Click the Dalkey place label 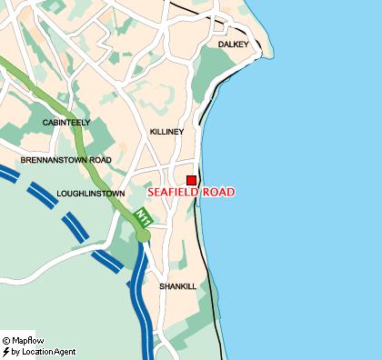(x=233, y=44)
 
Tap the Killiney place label (x=166, y=132)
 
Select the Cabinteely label (x=65, y=122)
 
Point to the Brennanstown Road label (x=65, y=160)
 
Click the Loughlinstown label (x=90, y=194)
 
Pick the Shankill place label (x=177, y=285)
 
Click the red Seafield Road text (x=191, y=193)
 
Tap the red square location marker (x=191, y=180)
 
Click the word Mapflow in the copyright (x=28, y=341)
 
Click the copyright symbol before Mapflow (x=5, y=341)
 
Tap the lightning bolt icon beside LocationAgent (x=5, y=351)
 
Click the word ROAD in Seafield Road (x=216, y=193)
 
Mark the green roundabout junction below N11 (x=143, y=236)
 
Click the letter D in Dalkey (x=221, y=44)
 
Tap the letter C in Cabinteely (x=45, y=122)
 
